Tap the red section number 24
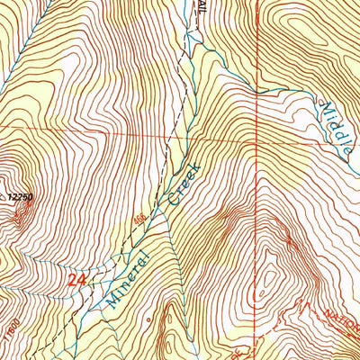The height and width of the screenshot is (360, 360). [78, 282]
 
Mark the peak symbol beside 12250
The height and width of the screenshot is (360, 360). [29, 205]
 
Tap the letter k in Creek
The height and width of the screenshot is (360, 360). [193, 167]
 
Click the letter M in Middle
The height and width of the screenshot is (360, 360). [323, 110]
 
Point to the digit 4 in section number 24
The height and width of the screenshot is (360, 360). [84, 282]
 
